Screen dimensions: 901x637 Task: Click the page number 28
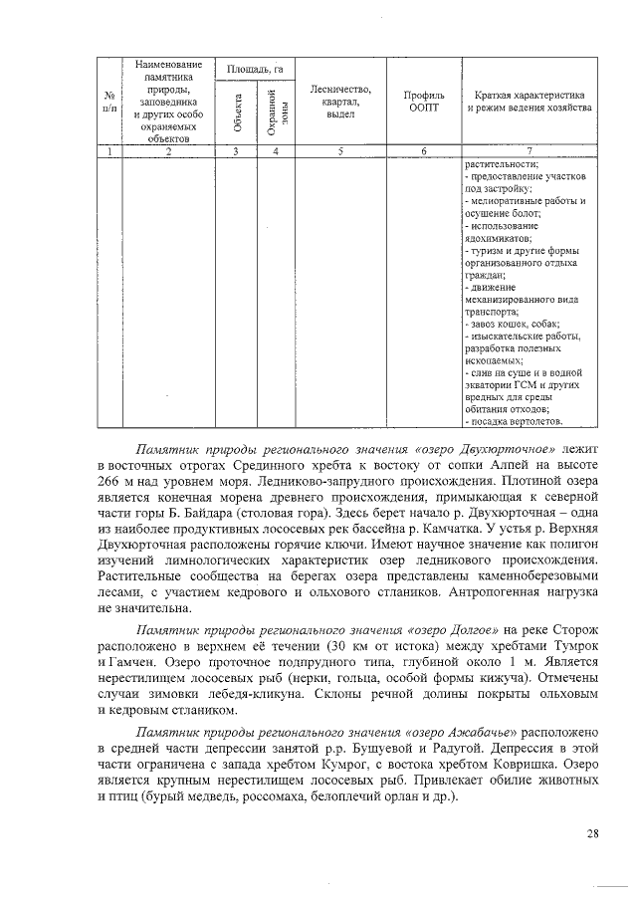pos(593,833)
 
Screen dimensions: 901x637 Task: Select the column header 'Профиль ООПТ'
pos(423,101)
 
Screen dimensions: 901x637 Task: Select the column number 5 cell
pos(340,151)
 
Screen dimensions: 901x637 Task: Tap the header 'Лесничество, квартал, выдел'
pos(340,101)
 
